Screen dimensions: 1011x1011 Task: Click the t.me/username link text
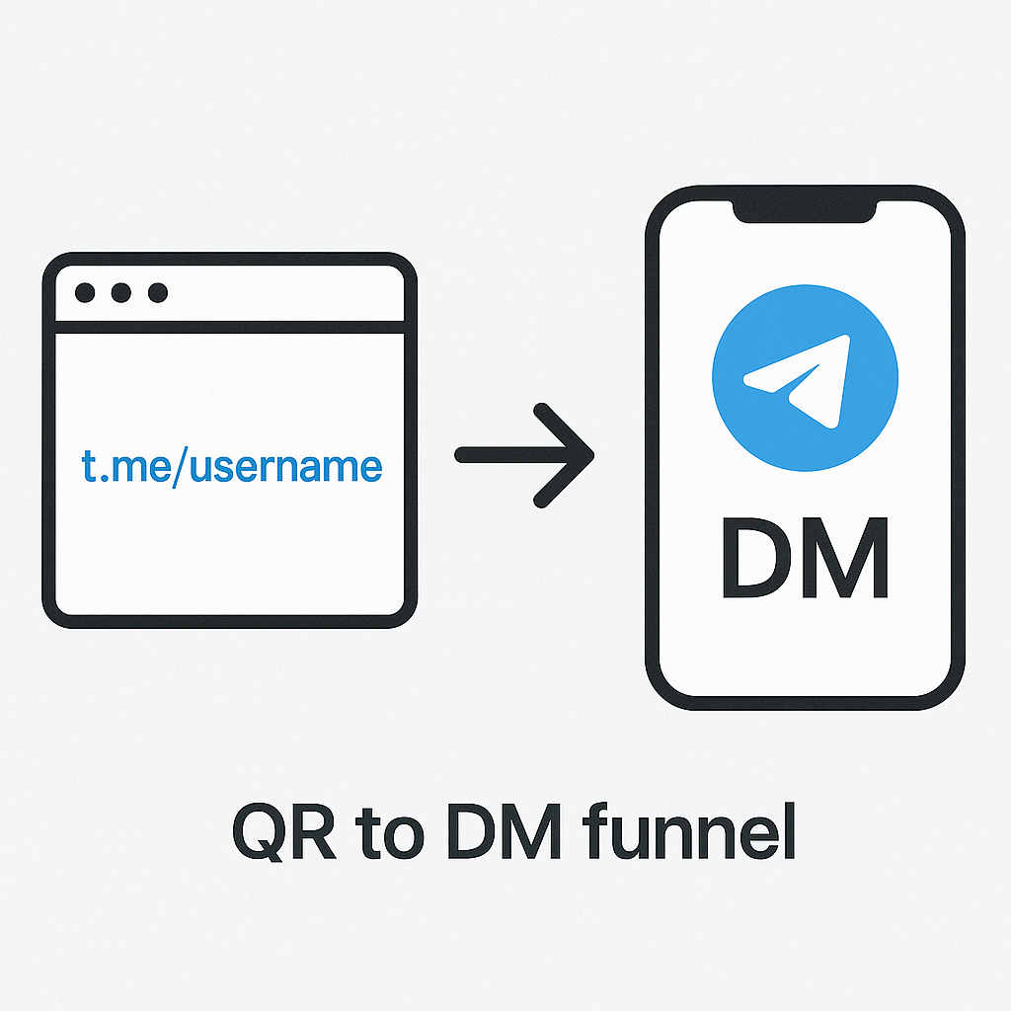tap(231, 466)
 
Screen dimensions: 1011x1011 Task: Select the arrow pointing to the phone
tap(523, 454)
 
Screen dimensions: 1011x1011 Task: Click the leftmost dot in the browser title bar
tap(86, 293)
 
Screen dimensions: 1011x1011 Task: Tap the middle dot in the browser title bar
tap(121, 293)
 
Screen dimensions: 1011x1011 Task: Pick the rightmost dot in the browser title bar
tap(157, 293)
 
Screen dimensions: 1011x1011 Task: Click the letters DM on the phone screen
tap(805, 561)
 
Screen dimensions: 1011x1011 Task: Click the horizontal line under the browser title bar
tap(230, 327)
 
